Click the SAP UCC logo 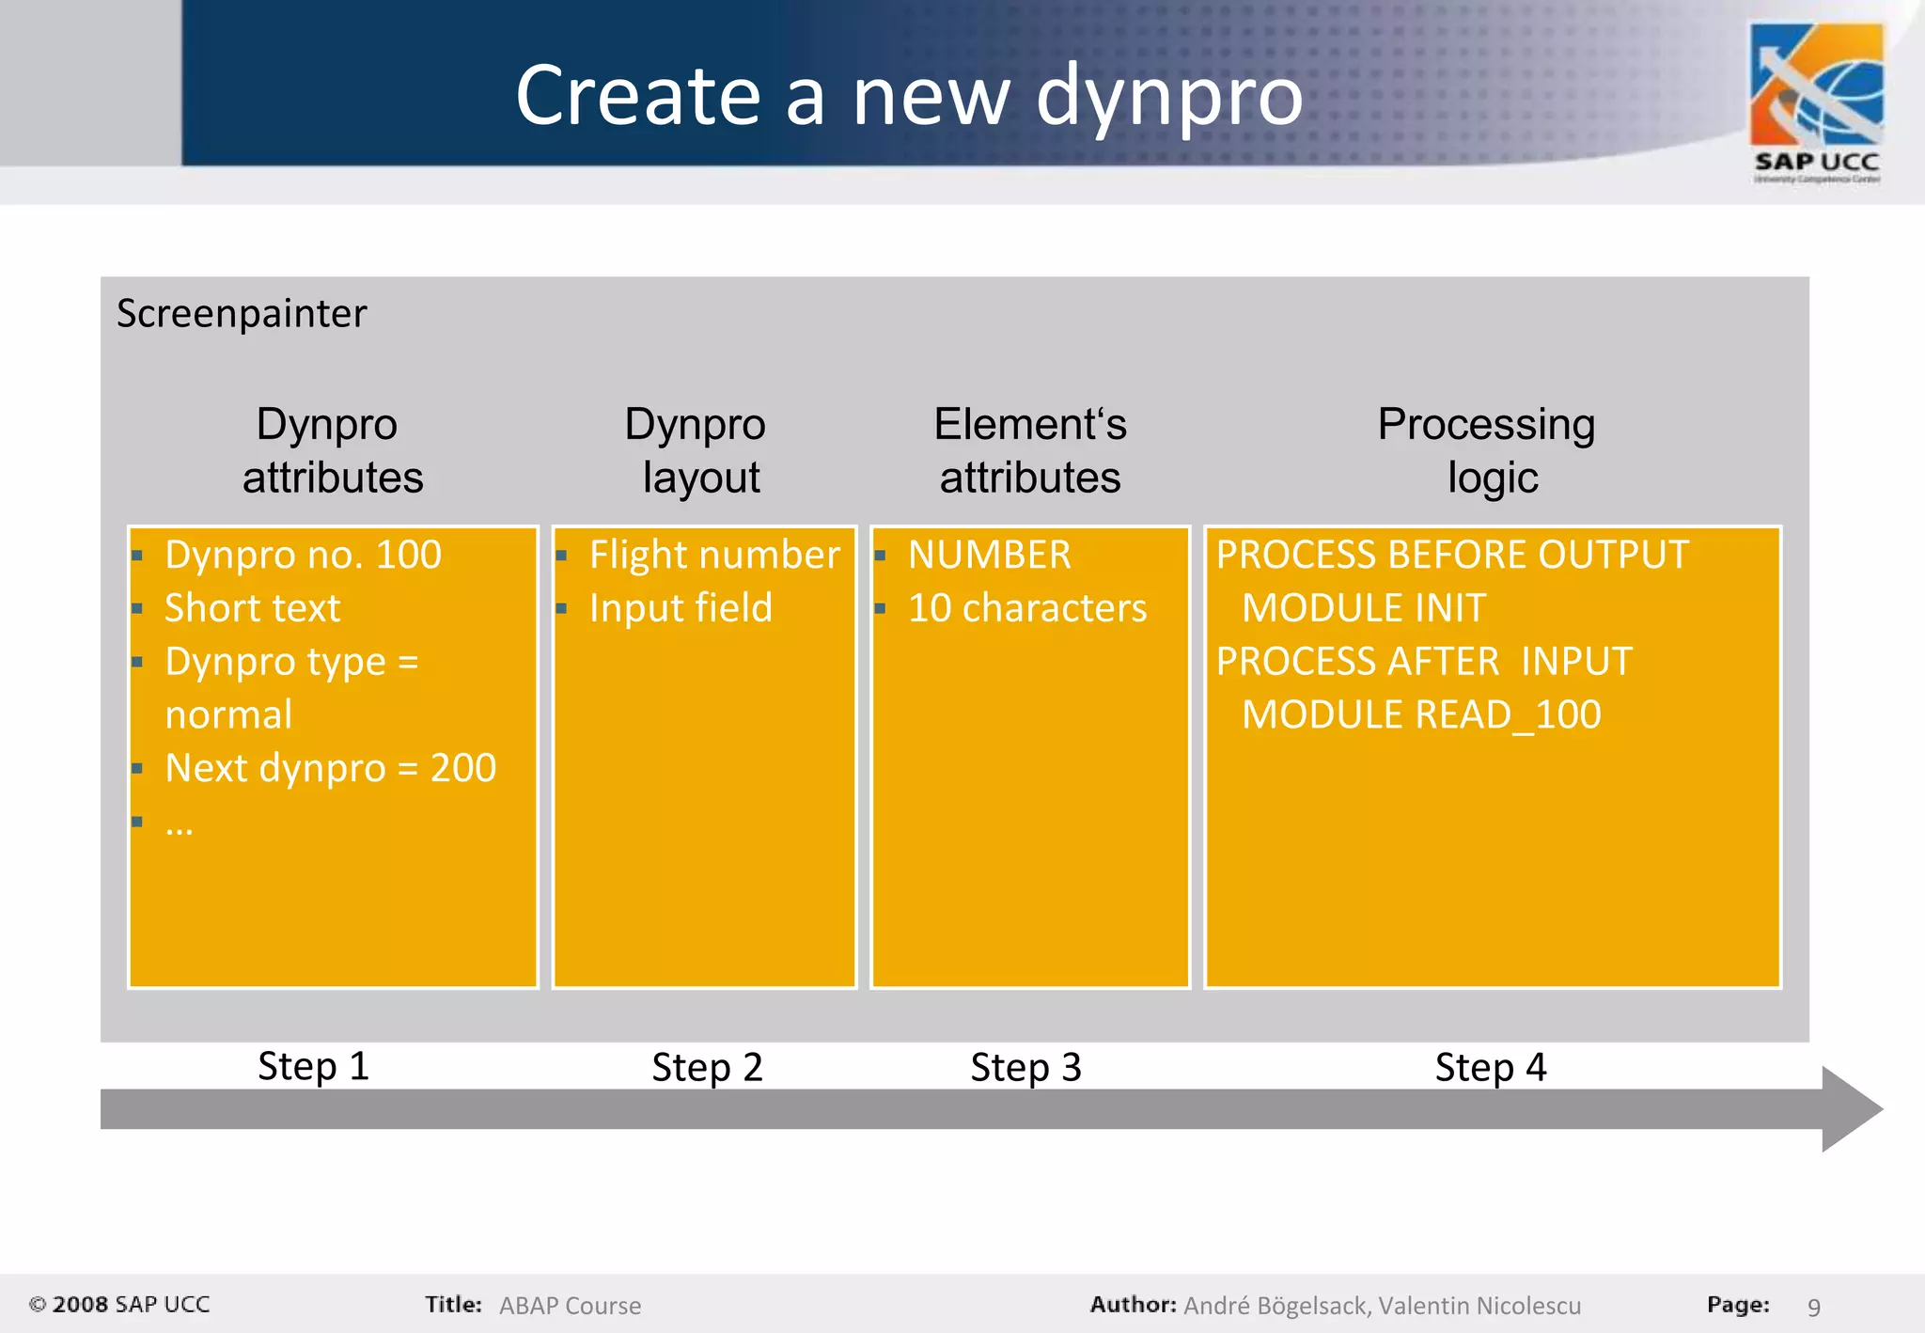click(1816, 102)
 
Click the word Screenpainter click(242, 314)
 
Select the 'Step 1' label click(313, 1066)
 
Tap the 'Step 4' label click(1490, 1068)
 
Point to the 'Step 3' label click(1025, 1068)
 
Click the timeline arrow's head click(1850, 1109)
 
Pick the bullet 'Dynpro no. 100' click(303, 555)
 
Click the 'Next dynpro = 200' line click(330, 768)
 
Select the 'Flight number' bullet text click(714, 555)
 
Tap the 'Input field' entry click(681, 608)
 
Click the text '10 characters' click(1027, 608)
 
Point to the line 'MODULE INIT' click(1364, 608)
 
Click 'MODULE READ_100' click(1421, 715)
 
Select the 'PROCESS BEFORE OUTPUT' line click(1452, 555)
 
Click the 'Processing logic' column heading click(1488, 450)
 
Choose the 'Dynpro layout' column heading click(696, 450)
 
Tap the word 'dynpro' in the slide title click(1169, 96)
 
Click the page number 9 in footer click(1814, 1307)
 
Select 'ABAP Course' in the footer click(570, 1306)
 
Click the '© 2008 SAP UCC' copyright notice click(119, 1305)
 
